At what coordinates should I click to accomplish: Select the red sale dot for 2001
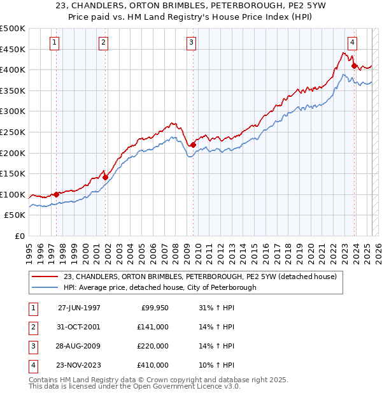pos(106,177)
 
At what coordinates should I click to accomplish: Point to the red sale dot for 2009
pos(193,145)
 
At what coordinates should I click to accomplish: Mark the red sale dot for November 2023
pos(353,65)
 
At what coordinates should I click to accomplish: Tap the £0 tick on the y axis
pos(20,236)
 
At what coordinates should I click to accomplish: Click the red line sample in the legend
pos(45,276)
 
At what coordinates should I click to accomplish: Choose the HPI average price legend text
pos(159,287)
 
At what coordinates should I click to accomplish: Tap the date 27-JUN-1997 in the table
pos(79,307)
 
